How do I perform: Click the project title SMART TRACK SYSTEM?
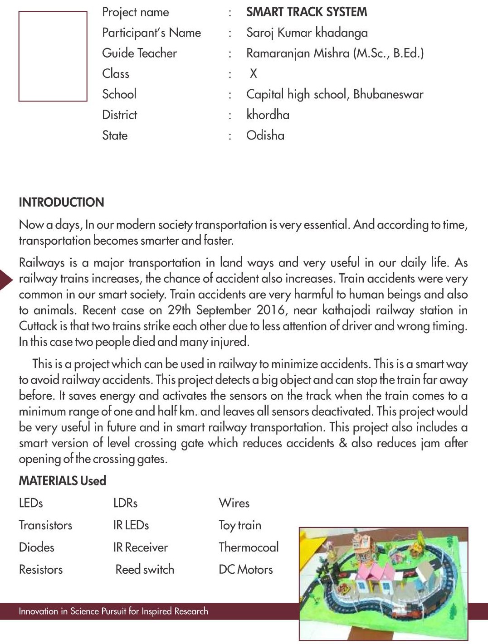click(307, 12)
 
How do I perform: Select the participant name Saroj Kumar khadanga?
click(307, 33)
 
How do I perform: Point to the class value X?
click(253, 73)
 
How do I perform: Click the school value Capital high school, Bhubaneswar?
click(334, 94)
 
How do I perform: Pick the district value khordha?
click(268, 115)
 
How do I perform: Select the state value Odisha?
click(265, 136)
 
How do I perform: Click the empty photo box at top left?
click(53, 56)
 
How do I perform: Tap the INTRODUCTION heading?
click(61, 202)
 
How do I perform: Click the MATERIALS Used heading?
click(62, 481)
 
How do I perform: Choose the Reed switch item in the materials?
click(145, 570)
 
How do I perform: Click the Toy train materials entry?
click(240, 525)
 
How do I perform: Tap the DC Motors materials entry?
click(246, 570)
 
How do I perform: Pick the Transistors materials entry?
click(45, 525)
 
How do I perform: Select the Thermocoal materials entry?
click(249, 547)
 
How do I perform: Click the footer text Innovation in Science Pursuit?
click(113, 611)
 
